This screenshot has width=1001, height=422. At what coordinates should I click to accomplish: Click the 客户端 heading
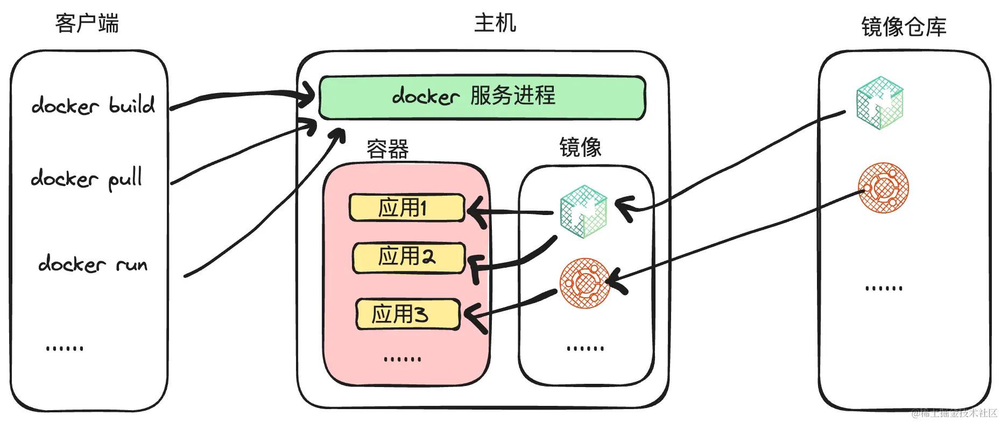tap(87, 24)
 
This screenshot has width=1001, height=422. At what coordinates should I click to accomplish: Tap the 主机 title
tap(495, 23)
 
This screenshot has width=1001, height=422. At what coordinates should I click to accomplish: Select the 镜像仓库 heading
tap(904, 27)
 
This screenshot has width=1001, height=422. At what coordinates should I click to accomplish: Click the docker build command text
tap(93, 105)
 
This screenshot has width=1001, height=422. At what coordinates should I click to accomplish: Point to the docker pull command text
tap(87, 178)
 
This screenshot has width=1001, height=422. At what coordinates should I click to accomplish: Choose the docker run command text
tap(93, 264)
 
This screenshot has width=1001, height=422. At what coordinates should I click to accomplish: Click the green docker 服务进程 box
tap(482, 97)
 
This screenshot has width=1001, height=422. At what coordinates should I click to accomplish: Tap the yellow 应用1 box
tap(407, 208)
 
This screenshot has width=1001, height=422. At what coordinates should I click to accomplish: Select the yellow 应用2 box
tap(408, 257)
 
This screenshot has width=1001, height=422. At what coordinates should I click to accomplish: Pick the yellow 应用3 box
tap(408, 314)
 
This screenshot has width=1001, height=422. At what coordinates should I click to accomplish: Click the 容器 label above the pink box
tap(387, 149)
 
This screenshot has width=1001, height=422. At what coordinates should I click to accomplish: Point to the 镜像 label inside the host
tap(580, 147)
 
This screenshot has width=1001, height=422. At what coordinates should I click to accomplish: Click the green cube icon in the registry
tap(879, 103)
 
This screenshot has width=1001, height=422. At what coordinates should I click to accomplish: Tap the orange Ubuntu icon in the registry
tap(883, 188)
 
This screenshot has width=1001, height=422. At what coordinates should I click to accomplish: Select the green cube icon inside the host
tap(583, 211)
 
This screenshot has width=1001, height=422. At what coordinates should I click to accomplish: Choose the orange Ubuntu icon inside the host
tap(585, 283)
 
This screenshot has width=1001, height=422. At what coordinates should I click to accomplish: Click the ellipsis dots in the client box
tap(65, 348)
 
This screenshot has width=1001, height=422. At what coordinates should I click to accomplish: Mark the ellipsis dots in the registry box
tap(884, 289)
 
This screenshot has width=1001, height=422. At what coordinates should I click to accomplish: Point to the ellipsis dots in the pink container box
tap(403, 359)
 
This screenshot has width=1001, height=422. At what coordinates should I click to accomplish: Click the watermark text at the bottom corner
tap(954, 413)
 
